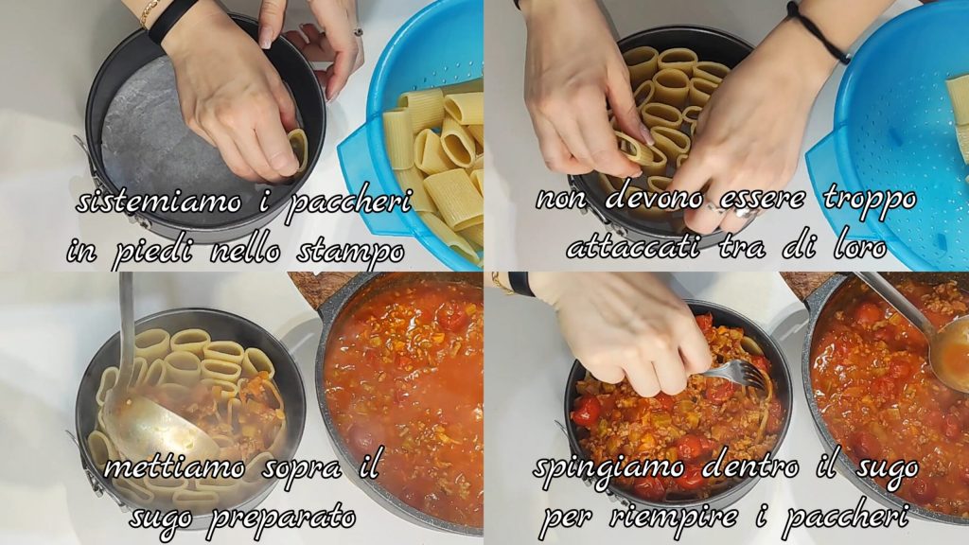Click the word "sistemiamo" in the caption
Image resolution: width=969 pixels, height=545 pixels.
pyautogui.click(x=158, y=203)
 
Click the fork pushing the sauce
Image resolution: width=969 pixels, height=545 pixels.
pyautogui.click(x=736, y=373)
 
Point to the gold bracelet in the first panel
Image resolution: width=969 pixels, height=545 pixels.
pyautogui.click(x=150, y=12)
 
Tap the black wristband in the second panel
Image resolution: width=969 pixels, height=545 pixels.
pyautogui.click(x=817, y=31)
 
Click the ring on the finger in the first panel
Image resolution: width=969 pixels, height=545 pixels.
pyautogui.click(x=359, y=31)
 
